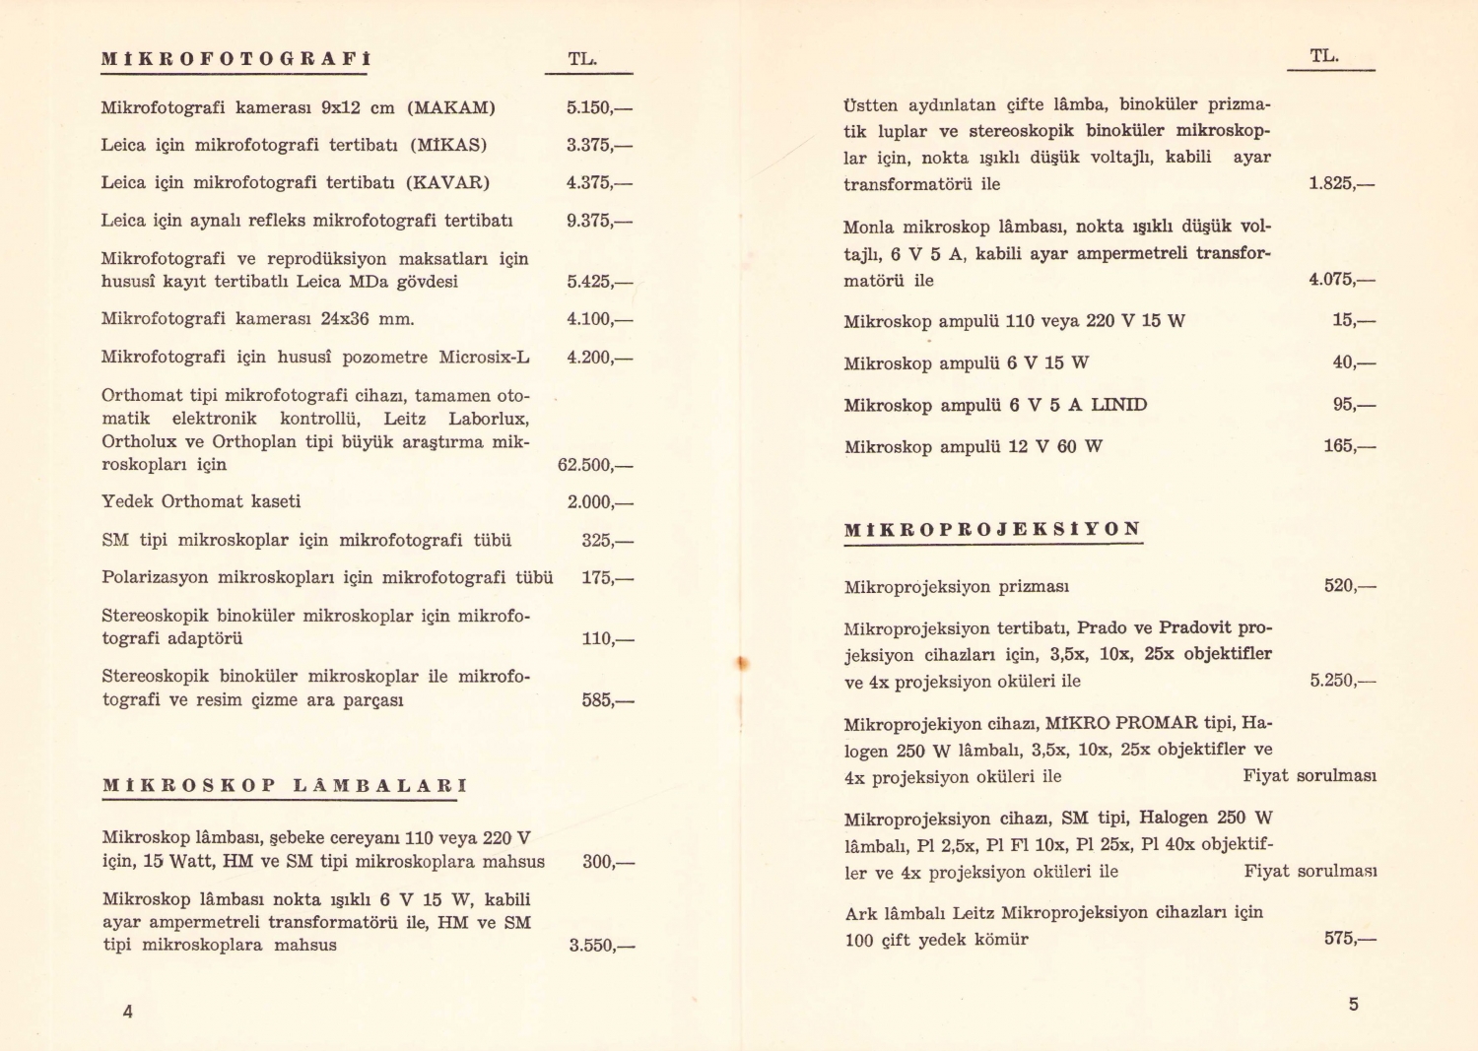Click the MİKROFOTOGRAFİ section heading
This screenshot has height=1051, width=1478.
235,59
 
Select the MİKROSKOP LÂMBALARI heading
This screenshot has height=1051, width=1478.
285,786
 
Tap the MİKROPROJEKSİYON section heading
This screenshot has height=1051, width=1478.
992,529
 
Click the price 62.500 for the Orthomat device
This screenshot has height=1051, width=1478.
594,465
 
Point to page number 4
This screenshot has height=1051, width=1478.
127,1011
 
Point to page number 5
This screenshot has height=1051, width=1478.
1353,1004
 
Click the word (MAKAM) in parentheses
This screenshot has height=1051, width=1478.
451,107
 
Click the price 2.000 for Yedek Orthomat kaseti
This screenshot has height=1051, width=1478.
599,502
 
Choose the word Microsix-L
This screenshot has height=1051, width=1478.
484,358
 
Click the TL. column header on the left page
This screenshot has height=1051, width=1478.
582,59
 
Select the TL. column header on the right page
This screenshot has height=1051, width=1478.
1324,56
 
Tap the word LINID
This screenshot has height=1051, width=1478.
1118,405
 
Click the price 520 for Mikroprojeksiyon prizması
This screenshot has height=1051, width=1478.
1349,586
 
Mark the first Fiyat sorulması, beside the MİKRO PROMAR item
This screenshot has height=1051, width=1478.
1309,776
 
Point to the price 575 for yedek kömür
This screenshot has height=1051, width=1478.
1349,939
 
